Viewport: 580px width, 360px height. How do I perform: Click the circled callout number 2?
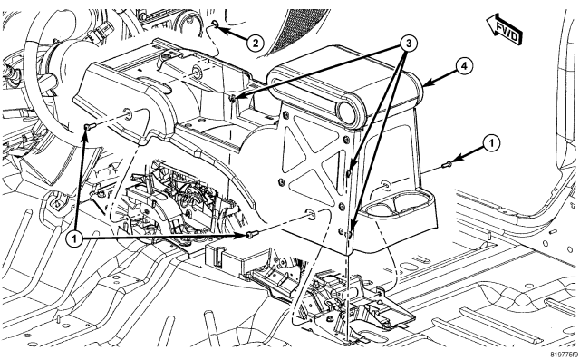256,44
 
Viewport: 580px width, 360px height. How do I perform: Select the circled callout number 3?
409,44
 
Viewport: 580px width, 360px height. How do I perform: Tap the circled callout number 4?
464,66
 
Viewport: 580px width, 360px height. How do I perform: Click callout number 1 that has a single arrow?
491,143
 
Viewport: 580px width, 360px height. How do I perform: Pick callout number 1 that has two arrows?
74,239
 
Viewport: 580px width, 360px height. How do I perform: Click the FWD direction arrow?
504,29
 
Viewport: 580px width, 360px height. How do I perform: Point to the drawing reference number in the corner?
564,354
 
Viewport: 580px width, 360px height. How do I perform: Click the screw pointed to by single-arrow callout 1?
447,164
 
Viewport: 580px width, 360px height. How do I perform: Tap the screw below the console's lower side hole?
252,234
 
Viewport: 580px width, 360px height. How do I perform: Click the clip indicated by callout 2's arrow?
215,24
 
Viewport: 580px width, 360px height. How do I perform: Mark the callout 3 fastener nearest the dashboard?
233,99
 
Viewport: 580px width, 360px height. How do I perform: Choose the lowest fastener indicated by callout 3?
349,233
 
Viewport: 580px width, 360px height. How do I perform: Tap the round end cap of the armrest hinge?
350,111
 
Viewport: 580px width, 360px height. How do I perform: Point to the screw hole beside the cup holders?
385,184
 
